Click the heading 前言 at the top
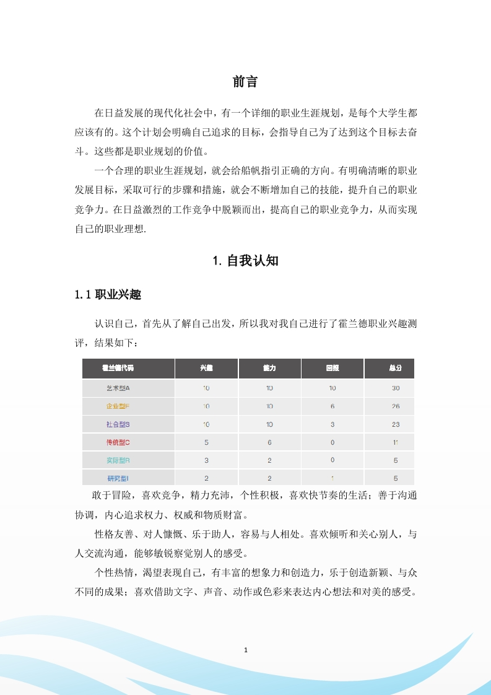click(x=245, y=81)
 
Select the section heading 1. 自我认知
click(x=245, y=261)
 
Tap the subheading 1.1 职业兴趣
click(x=108, y=295)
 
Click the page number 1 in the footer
click(x=246, y=650)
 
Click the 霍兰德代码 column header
click(x=118, y=368)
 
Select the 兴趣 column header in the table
click(x=206, y=368)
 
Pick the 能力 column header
click(x=269, y=368)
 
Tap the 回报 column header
click(x=332, y=368)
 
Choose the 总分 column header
click(x=396, y=368)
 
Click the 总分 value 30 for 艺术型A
click(x=396, y=388)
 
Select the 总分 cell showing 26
click(x=396, y=406)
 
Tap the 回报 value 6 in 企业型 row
click(x=332, y=406)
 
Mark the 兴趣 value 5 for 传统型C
click(x=206, y=442)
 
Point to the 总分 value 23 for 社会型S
click(x=396, y=424)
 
